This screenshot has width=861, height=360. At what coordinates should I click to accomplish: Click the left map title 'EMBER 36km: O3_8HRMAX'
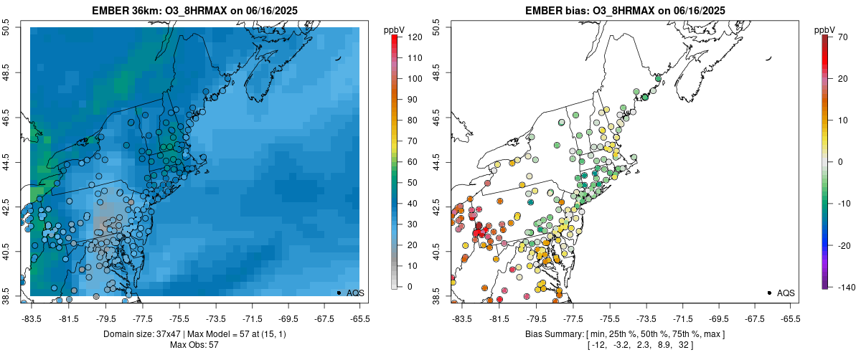[x=154, y=11]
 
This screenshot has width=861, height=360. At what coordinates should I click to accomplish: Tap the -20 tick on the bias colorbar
[x=843, y=245]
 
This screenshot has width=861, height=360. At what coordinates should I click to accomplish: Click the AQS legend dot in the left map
[x=339, y=293]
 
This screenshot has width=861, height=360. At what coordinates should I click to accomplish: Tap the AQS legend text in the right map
[x=786, y=293]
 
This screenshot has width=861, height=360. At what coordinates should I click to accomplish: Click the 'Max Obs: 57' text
[x=194, y=345]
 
